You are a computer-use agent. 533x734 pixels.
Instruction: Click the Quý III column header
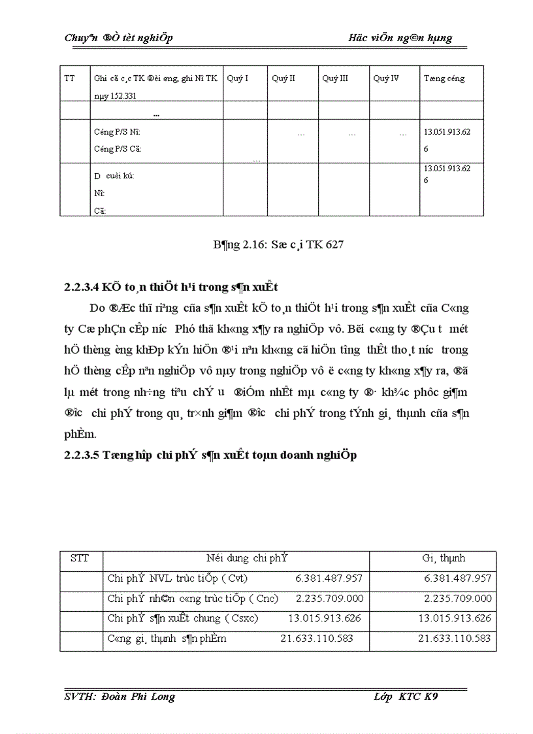[334, 78]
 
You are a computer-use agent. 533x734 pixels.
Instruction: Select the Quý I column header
[237, 78]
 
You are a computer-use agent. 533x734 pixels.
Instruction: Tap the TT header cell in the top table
[69, 78]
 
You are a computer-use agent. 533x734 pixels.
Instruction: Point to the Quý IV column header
[386, 78]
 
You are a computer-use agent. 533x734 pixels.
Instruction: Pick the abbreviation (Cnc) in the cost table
[263, 598]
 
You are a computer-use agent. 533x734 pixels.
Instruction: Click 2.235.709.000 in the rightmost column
[458, 598]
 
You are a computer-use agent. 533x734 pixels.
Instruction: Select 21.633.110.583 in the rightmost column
[455, 639]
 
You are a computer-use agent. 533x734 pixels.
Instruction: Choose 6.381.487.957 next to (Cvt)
[329, 578]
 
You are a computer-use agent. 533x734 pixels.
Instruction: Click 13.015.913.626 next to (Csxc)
[325, 618]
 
